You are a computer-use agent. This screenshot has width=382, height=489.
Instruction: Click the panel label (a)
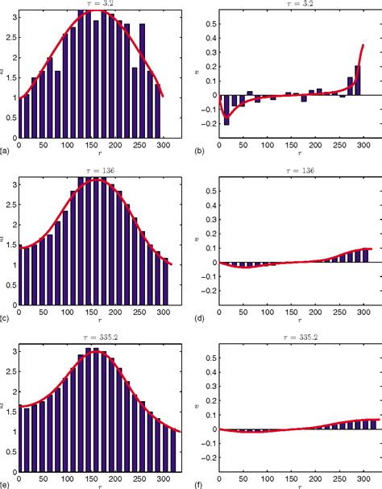[x=5, y=151]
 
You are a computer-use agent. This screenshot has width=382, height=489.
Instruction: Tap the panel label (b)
[x=202, y=151]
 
